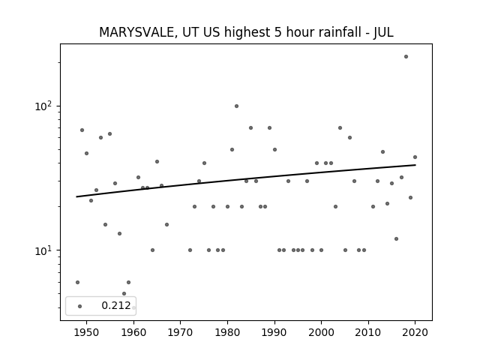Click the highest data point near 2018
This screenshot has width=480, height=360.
tap(406, 57)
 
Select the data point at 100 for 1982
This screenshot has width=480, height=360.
tap(237, 106)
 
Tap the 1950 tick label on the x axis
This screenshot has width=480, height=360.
tap(87, 333)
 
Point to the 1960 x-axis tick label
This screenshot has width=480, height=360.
tap(133, 333)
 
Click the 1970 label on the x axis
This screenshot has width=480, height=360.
tap(180, 333)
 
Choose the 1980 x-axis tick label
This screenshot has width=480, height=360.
tap(227, 333)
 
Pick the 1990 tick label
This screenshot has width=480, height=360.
tap(274, 333)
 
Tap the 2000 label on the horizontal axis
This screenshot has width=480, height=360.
tap(322, 333)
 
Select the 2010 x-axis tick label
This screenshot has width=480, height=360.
tap(368, 333)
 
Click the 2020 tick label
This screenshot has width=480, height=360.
tap(415, 333)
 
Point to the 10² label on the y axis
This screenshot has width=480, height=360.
tap(43, 106)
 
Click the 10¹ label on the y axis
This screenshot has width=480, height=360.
tap(43, 250)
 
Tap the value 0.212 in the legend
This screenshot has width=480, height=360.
tap(116, 305)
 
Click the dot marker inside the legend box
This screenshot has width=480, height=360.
tap(80, 306)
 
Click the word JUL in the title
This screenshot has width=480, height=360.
tap(383, 32)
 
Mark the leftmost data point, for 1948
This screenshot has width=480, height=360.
tap(77, 282)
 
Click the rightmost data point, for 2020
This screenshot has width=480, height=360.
tap(415, 157)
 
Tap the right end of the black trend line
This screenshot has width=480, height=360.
tap(415, 165)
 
